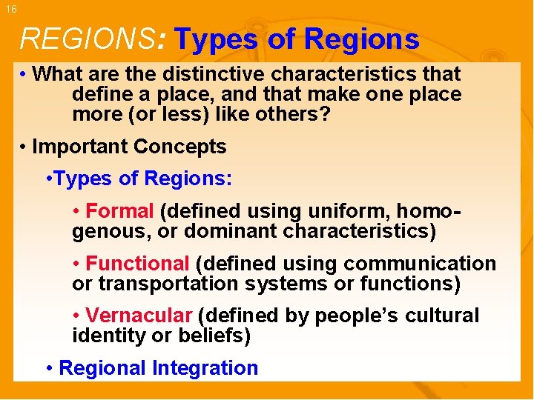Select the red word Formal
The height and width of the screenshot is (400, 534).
[x=119, y=211]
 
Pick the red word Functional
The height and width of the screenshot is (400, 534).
[x=137, y=264]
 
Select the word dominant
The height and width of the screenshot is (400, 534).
[x=230, y=231]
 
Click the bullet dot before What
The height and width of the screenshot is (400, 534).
[x=24, y=75]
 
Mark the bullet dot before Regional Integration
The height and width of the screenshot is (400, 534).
[x=49, y=368]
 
